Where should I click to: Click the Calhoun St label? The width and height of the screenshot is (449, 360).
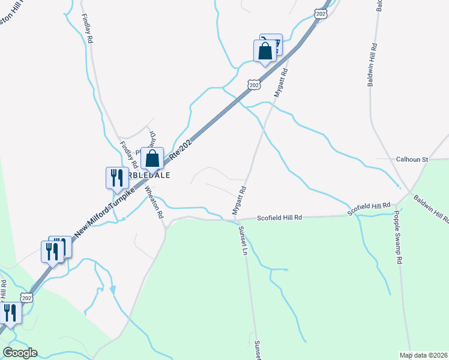pos(411,160)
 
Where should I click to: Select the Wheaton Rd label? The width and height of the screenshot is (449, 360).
pos(154,202)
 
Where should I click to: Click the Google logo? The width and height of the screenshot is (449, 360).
pos(20,353)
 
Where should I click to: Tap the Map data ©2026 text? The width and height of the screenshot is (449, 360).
pos(423,355)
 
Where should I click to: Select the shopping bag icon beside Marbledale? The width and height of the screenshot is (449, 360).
pos(152,159)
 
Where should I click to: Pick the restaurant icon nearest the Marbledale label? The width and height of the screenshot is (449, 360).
pos(115,178)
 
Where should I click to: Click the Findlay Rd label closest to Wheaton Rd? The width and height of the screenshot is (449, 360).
pos(129,154)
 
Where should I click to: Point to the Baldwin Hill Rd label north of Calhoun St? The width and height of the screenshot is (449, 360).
pos(373,65)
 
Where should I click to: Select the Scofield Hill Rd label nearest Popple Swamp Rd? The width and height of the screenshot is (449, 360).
pos(372,206)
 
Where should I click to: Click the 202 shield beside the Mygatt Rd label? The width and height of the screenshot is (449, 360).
pos(255,85)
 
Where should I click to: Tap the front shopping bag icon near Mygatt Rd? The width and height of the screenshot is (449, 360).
pos(265,52)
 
